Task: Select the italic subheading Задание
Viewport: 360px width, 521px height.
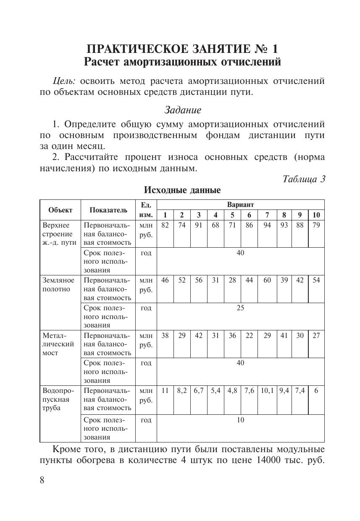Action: point(182,110)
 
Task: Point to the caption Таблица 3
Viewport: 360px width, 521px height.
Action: point(304,179)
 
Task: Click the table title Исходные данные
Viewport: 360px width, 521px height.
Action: point(182,190)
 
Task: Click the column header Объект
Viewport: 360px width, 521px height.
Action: point(60,210)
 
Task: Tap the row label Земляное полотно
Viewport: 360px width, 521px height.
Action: point(58,285)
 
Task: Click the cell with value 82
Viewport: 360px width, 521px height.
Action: point(165,225)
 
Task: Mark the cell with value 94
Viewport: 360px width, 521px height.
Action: point(267,225)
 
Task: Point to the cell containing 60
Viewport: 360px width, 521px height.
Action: point(267,280)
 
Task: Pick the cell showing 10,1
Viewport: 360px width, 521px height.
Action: point(267,390)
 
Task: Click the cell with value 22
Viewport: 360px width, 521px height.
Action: point(250,335)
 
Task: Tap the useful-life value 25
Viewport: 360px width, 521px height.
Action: point(240,308)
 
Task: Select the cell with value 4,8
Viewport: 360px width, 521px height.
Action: point(232,390)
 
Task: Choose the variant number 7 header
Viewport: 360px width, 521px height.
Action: point(267,215)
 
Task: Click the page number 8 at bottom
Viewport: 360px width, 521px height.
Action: point(42,480)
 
